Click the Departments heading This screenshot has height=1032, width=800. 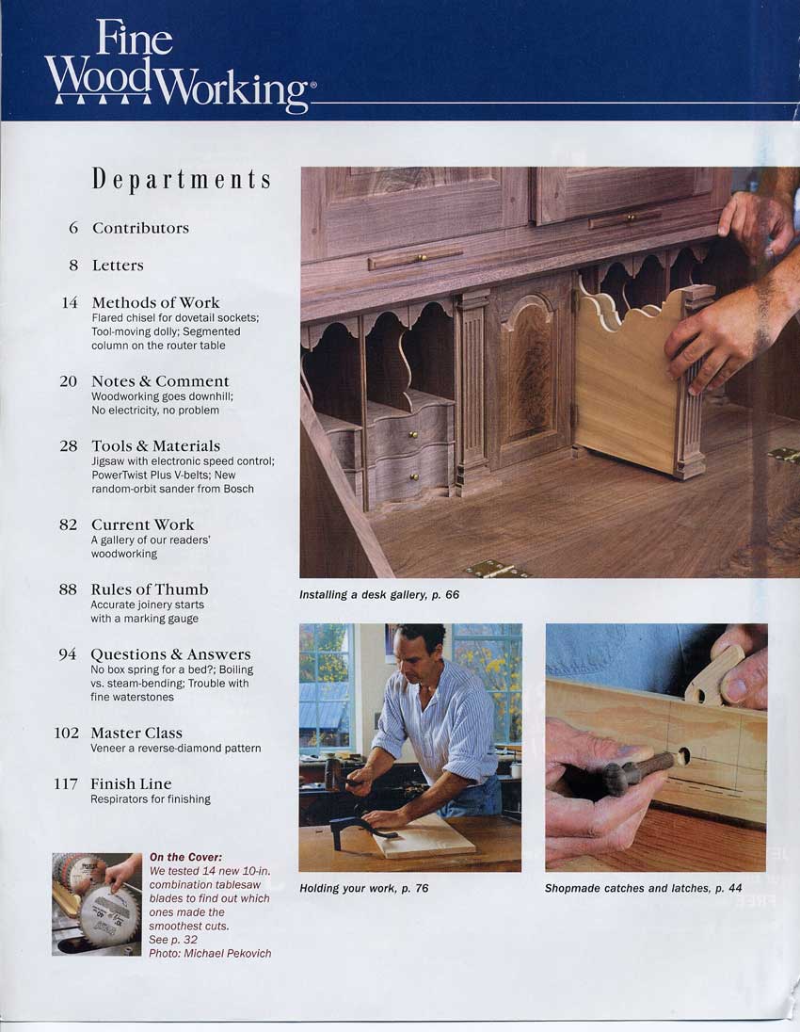[182, 179]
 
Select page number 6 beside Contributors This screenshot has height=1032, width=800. [73, 228]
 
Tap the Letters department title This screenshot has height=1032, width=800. [118, 266]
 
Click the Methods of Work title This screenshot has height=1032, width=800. [156, 303]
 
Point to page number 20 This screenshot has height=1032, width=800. [69, 381]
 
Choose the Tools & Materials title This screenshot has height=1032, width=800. [156, 445]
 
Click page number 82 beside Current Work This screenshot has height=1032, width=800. [69, 524]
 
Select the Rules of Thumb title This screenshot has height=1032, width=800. [150, 589]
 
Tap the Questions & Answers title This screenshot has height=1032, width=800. [170, 654]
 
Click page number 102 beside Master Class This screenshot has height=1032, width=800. [67, 733]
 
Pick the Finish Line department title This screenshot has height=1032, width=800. [131, 783]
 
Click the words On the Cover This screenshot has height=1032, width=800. [185, 857]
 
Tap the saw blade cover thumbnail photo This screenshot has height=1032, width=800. [97, 904]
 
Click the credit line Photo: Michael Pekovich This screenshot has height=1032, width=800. [210, 953]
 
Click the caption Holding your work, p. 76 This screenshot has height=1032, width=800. [364, 889]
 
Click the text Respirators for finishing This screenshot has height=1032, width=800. [151, 799]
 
